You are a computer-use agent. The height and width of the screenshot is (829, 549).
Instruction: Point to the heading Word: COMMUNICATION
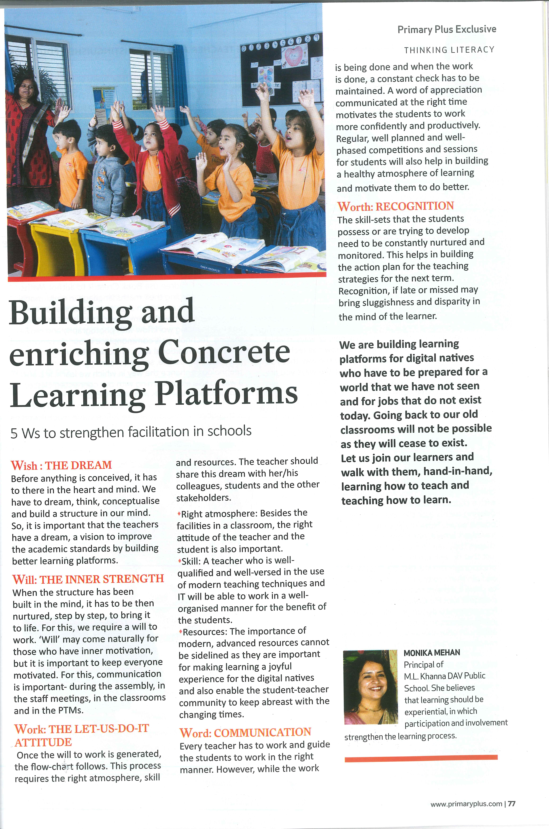(x=245, y=732)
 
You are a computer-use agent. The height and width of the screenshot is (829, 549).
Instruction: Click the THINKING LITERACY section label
(x=449, y=50)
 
